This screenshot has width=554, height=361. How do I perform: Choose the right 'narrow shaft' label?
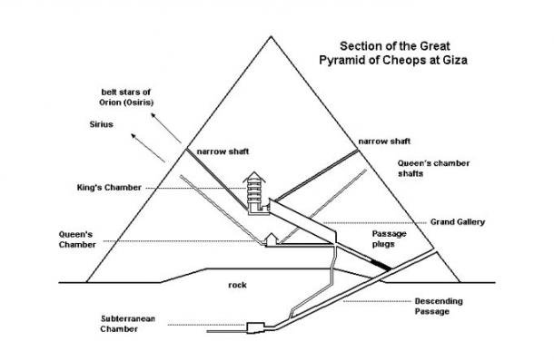[x=383, y=141]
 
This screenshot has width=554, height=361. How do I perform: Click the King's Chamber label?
[x=110, y=187]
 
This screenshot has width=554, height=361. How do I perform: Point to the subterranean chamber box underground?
[x=256, y=324]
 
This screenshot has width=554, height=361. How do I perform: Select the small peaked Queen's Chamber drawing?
[x=271, y=239]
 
